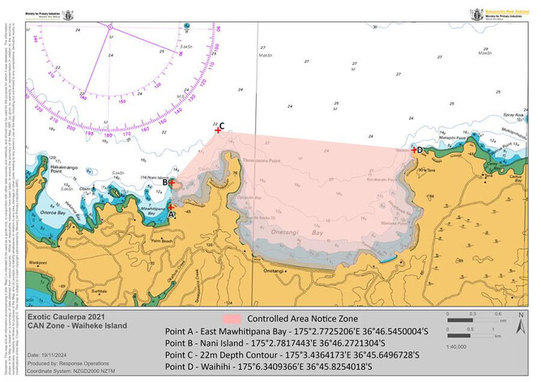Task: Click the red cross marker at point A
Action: (171, 207)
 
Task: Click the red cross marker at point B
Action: (171, 184)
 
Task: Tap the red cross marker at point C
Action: (217, 129)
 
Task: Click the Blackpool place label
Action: (38, 263)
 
